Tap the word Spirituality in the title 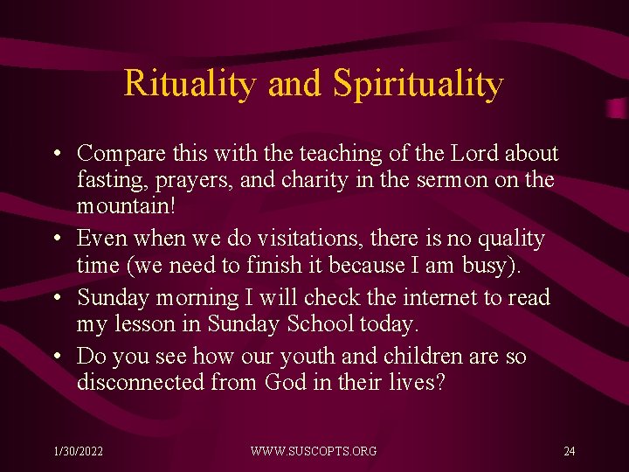tap(418, 84)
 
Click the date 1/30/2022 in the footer tap(78, 451)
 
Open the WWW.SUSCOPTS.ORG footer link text tap(314, 451)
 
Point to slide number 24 tap(570, 451)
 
